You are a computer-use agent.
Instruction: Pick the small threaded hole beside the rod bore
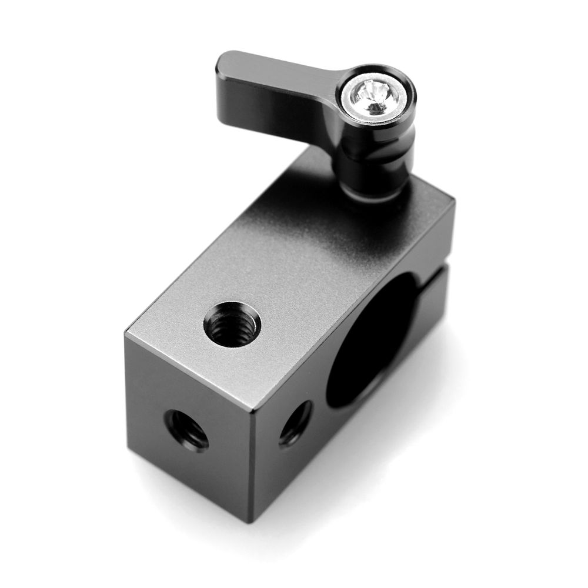coord(295,422)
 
